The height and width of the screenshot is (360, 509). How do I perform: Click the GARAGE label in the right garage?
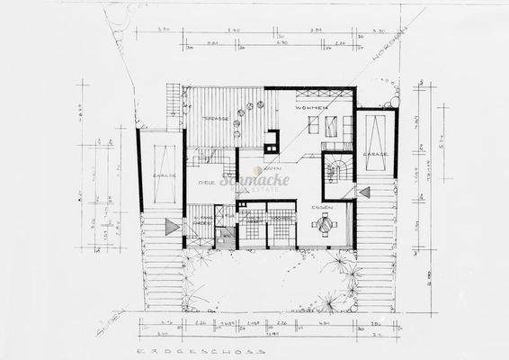pos(375,154)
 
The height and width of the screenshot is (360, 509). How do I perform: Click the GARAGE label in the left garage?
pos(163,176)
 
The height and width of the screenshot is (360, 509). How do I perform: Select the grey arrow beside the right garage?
pos(364,192)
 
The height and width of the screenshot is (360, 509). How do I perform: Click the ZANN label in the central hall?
pos(268,169)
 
